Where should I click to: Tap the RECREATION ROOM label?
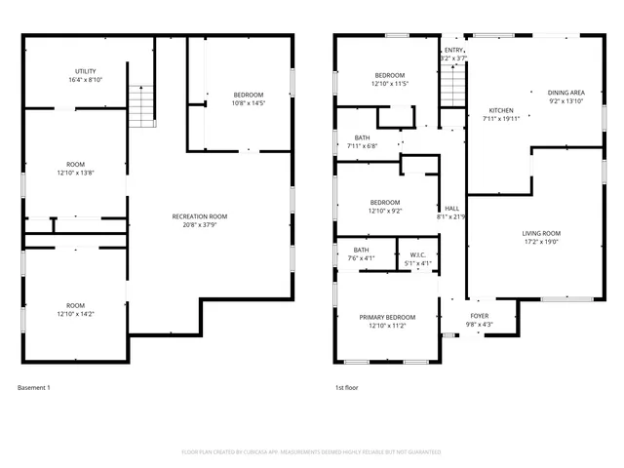199,216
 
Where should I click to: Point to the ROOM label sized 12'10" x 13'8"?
75,163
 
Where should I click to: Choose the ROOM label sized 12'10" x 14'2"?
75,305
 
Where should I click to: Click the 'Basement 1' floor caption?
34,388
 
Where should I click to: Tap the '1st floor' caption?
346,388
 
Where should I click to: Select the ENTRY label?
453,50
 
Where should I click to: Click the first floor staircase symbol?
451,90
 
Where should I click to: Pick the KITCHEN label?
501,110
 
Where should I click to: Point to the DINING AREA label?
565,91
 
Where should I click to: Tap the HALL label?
452,208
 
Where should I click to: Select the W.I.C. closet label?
417,254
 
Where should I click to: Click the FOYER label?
480,316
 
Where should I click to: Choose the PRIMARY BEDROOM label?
387,317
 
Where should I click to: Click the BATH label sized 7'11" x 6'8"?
363,137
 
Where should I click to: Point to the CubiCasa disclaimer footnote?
312,452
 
